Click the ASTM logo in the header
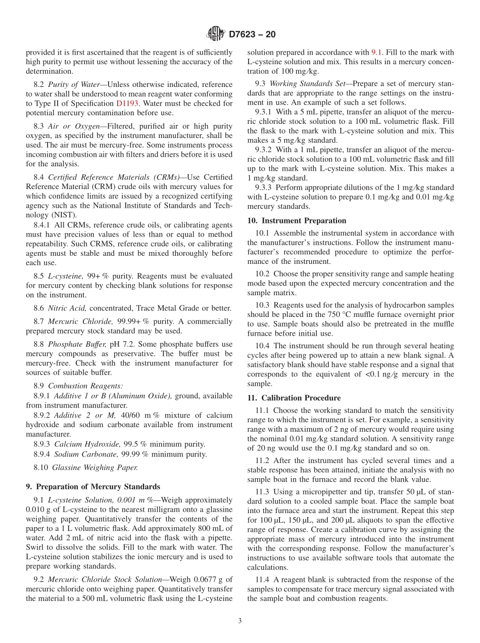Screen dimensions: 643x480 216,34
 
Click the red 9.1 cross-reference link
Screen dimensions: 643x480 377,52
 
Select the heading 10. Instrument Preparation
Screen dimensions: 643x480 297,220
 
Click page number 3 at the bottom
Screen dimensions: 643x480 239,621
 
